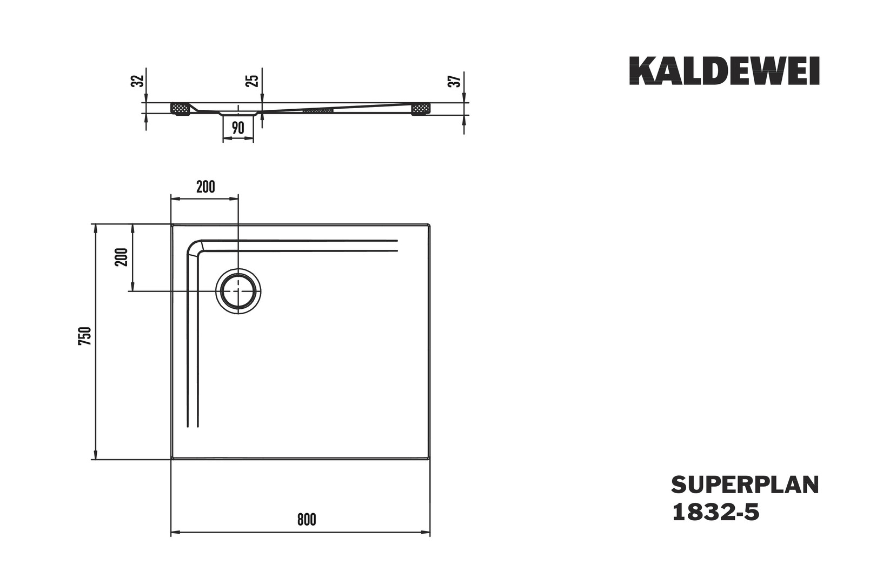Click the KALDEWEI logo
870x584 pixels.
coord(725,71)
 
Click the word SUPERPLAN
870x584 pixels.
coord(745,485)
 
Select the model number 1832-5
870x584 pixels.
coord(715,513)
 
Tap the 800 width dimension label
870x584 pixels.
coord(307,520)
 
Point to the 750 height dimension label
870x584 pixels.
coord(85,336)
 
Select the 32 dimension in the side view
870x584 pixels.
coord(138,81)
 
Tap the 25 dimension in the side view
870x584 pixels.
coord(253,81)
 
